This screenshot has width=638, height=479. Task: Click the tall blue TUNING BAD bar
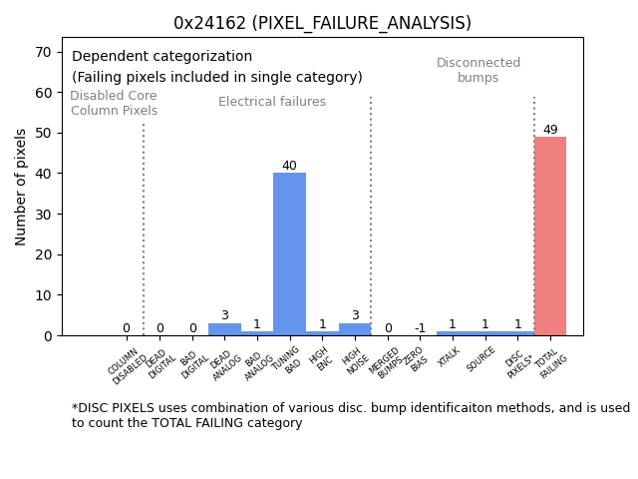point(289,254)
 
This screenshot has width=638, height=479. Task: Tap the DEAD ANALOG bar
point(224,329)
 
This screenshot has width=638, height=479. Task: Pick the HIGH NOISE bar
point(355,329)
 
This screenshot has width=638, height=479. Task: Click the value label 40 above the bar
point(289,166)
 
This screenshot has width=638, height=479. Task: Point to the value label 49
point(550,130)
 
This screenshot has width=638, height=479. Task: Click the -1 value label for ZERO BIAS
point(420,327)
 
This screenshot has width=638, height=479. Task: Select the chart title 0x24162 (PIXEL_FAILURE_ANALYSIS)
point(322,23)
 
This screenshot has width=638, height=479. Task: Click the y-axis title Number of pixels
point(22,187)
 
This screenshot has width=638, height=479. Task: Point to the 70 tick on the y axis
point(45,52)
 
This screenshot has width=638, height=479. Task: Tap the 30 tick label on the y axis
point(45,214)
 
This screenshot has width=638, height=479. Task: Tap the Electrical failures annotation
point(272,102)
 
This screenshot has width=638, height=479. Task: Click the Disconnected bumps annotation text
point(478,70)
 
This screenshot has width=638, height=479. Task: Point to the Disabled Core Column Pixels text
point(114,103)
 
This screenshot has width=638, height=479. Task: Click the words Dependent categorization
point(161,57)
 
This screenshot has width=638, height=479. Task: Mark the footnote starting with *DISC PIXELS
point(350,415)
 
